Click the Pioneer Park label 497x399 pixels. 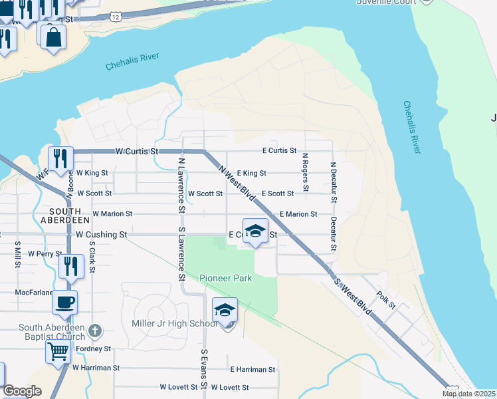click(x=226, y=278)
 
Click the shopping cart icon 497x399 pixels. click(x=58, y=350)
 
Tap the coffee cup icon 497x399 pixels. click(x=64, y=303)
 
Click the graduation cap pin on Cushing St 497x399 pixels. click(x=255, y=231)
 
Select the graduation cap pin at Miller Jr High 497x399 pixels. click(x=225, y=311)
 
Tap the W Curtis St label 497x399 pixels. click(x=138, y=152)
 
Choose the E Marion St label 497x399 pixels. click(x=298, y=214)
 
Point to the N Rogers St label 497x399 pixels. click(x=305, y=172)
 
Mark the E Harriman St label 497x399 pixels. click(x=252, y=369)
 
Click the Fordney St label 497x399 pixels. click(x=93, y=348)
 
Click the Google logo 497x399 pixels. click(x=22, y=391)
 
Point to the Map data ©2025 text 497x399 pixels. click(x=469, y=394)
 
